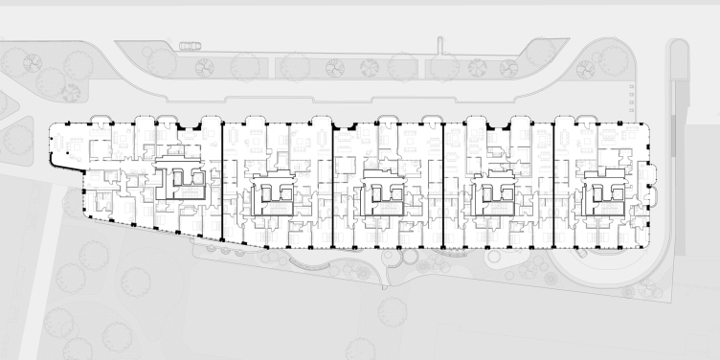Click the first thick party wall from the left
tap(222, 182)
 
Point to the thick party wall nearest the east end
tap(552, 182)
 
